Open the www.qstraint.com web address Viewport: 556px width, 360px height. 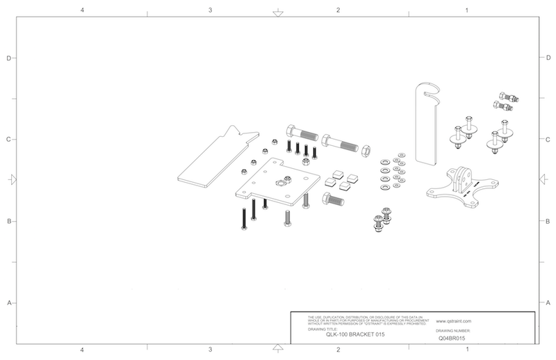pos(455,322)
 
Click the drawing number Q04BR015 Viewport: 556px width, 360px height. pos(452,338)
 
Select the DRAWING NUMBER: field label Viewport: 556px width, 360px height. pos(457,331)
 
